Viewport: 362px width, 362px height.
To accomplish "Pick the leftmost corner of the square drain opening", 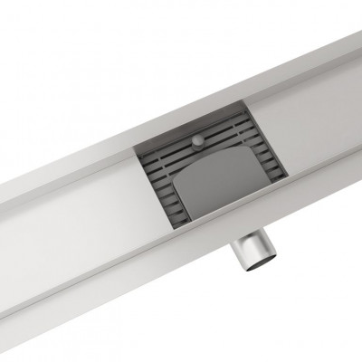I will tap(137, 149).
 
